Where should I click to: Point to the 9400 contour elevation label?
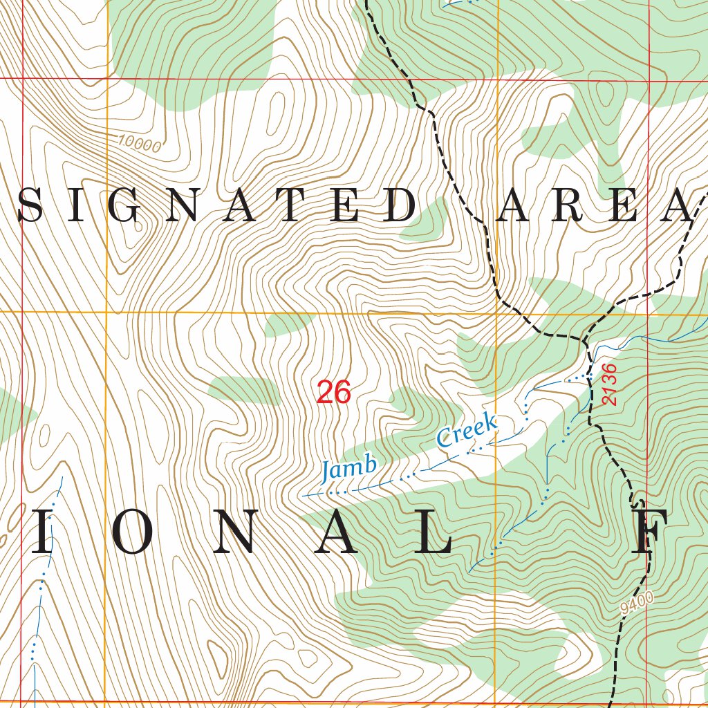(637, 604)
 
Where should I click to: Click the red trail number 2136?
(608, 384)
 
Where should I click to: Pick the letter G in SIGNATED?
(128, 205)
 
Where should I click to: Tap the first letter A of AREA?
(514, 205)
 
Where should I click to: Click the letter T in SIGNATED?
(292, 205)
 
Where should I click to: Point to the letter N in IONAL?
(230, 533)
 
